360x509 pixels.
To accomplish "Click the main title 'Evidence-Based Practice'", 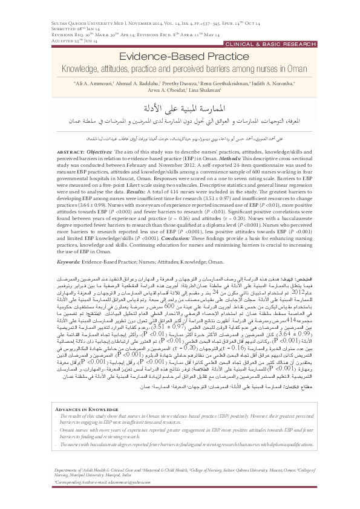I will pyautogui.click(x=180, y=55).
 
